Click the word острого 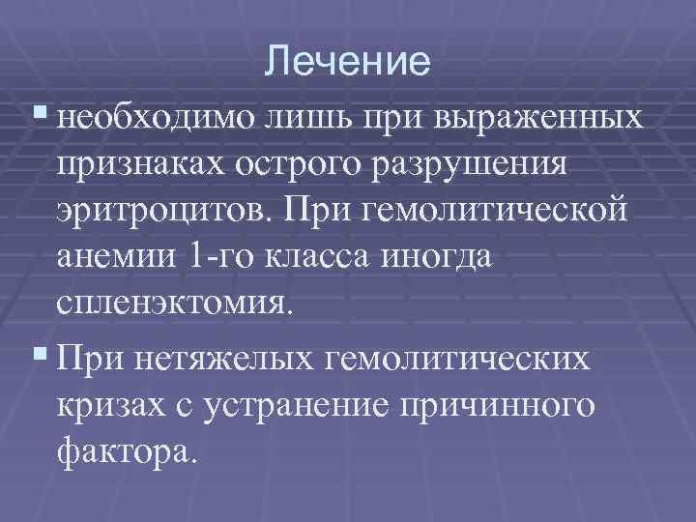point(314,166)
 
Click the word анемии point(120,259)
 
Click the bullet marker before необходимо point(39,117)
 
